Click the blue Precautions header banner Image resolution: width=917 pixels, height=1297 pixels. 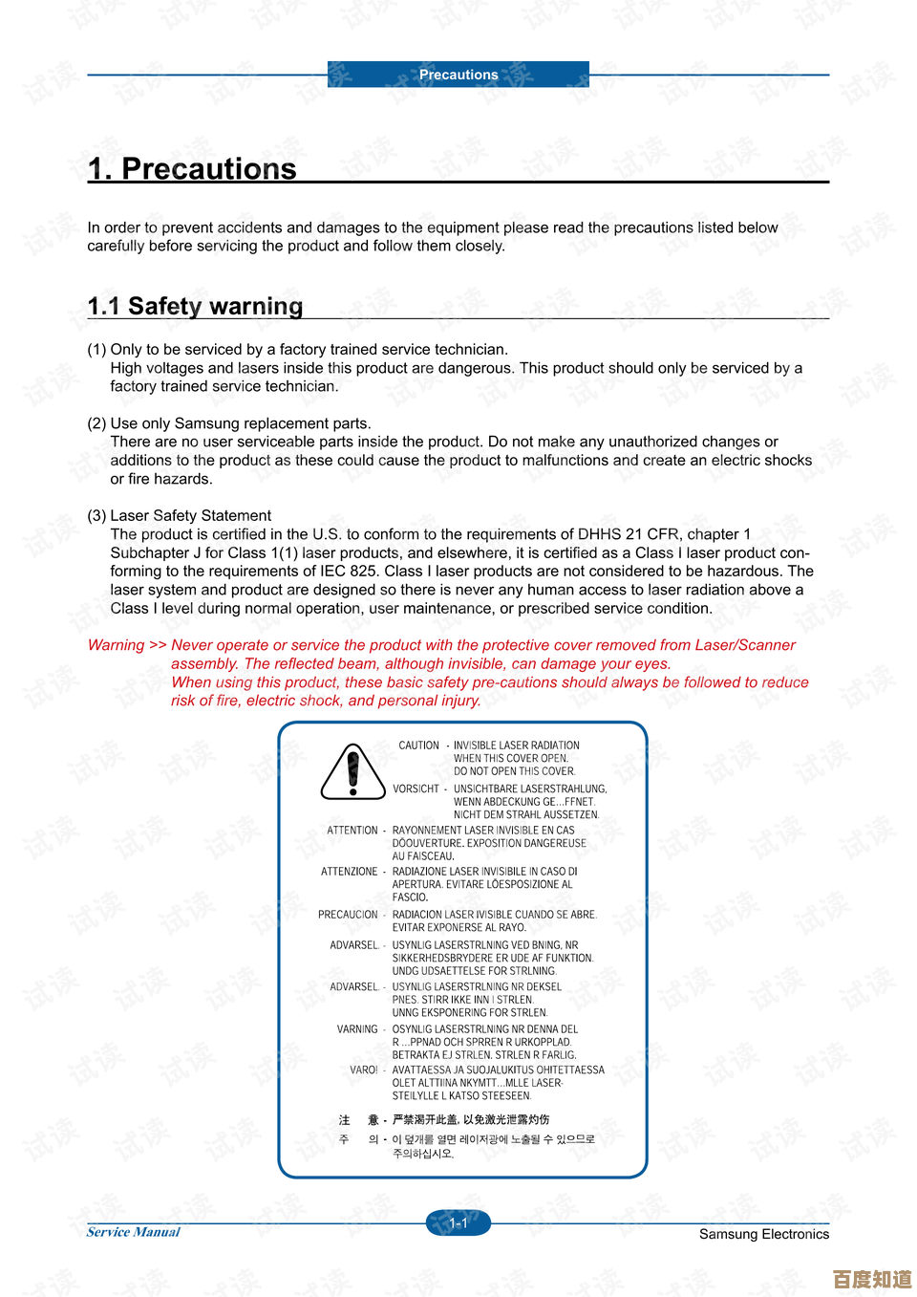[458, 75]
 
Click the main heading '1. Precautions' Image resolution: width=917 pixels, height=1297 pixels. [192, 169]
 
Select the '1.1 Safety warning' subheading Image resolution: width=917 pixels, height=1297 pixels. [195, 306]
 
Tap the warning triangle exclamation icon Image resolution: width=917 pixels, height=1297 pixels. [352, 771]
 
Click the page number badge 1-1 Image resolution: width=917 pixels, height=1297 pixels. [458, 1222]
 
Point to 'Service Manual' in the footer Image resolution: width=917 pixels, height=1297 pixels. [133, 1232]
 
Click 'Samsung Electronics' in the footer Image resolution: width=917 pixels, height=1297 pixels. [763, 1234]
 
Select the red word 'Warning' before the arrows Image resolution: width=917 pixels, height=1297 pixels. [116, 645]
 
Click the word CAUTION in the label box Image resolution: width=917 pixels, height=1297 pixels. [418, 746]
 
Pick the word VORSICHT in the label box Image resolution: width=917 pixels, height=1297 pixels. [416, 789]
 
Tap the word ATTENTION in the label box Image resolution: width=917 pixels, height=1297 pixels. [352, 831]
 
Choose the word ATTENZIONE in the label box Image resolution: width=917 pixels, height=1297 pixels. [349, 872]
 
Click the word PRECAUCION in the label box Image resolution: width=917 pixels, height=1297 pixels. [348, 915]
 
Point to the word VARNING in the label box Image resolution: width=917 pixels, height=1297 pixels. [357, 1029]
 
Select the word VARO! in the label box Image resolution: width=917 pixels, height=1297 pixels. [363, 1070]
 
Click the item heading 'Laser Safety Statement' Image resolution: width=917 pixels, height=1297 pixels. [190, 516]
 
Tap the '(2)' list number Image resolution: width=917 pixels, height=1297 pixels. [96, 423]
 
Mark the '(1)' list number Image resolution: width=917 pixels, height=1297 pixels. [96, 350]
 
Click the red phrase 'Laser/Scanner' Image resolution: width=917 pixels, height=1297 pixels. [744, 645]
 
